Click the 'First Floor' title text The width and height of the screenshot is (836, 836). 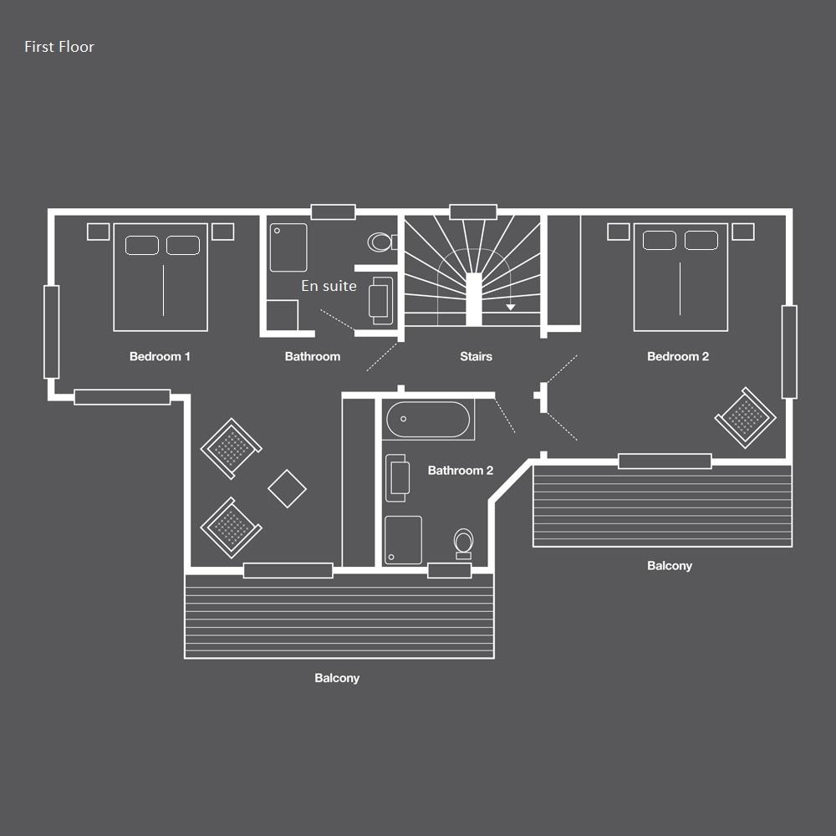coord(59,47)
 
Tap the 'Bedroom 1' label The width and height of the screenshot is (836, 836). coord(160,356)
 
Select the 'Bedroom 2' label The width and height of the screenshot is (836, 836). coord(678,356)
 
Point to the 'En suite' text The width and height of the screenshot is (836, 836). coord(329,286)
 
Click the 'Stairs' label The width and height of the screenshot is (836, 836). coord(477,356)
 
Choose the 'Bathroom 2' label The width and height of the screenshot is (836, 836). coord(461,470)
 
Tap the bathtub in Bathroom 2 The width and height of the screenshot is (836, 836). coord(428,419)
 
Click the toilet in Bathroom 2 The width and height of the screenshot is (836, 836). coord(463,543)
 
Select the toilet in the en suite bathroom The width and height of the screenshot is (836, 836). coord(381,242)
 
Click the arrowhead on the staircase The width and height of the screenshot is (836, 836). coord(511,307)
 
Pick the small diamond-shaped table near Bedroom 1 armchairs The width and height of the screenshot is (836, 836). coord(288,488)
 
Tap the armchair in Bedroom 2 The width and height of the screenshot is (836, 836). coord(746,417)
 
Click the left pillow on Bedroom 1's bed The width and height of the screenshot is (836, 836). coord(142,245)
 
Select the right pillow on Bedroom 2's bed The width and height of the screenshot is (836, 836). coord(701,241)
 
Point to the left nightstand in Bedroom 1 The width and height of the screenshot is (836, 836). coord(98,232)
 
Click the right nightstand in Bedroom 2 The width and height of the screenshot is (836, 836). coord(742,232)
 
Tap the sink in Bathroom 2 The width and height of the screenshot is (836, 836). coord(397,477)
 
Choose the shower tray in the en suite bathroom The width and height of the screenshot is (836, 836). coord(288,247)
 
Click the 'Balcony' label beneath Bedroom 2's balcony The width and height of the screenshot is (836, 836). coord(670,566)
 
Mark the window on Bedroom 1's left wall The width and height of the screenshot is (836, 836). coord(52,332)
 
